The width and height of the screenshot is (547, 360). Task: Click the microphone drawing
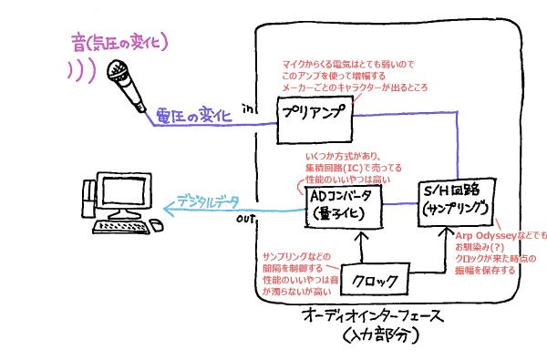127,86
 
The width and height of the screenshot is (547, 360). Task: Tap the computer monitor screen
124,191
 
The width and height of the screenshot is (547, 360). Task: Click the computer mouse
156,224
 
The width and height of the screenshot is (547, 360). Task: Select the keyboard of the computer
120,227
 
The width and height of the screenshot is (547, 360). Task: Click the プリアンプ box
315,120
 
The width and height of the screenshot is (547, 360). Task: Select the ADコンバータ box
344,207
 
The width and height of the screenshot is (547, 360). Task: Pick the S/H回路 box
457,202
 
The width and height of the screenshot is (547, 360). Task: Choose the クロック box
375,280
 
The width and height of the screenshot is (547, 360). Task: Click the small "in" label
248,108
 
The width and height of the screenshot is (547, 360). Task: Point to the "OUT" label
245,219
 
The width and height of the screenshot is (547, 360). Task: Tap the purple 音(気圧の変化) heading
119,43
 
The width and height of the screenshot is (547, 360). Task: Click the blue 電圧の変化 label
194,115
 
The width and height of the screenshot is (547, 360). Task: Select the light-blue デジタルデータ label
208,201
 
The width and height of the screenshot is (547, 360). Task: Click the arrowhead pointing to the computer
169,210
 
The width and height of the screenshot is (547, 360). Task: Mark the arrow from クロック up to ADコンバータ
362,247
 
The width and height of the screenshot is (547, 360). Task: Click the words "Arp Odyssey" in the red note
486,236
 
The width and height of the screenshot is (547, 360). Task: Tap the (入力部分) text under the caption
380,335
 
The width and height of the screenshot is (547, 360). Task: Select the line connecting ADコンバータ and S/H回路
400,204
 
